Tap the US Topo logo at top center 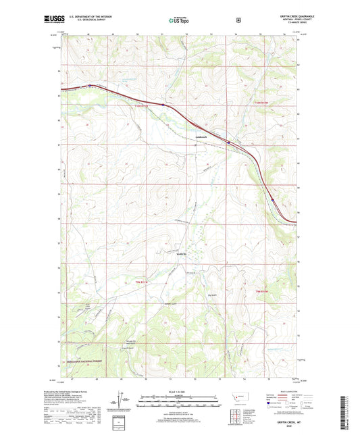click(179, 21)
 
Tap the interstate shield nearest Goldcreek click(228, 143)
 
